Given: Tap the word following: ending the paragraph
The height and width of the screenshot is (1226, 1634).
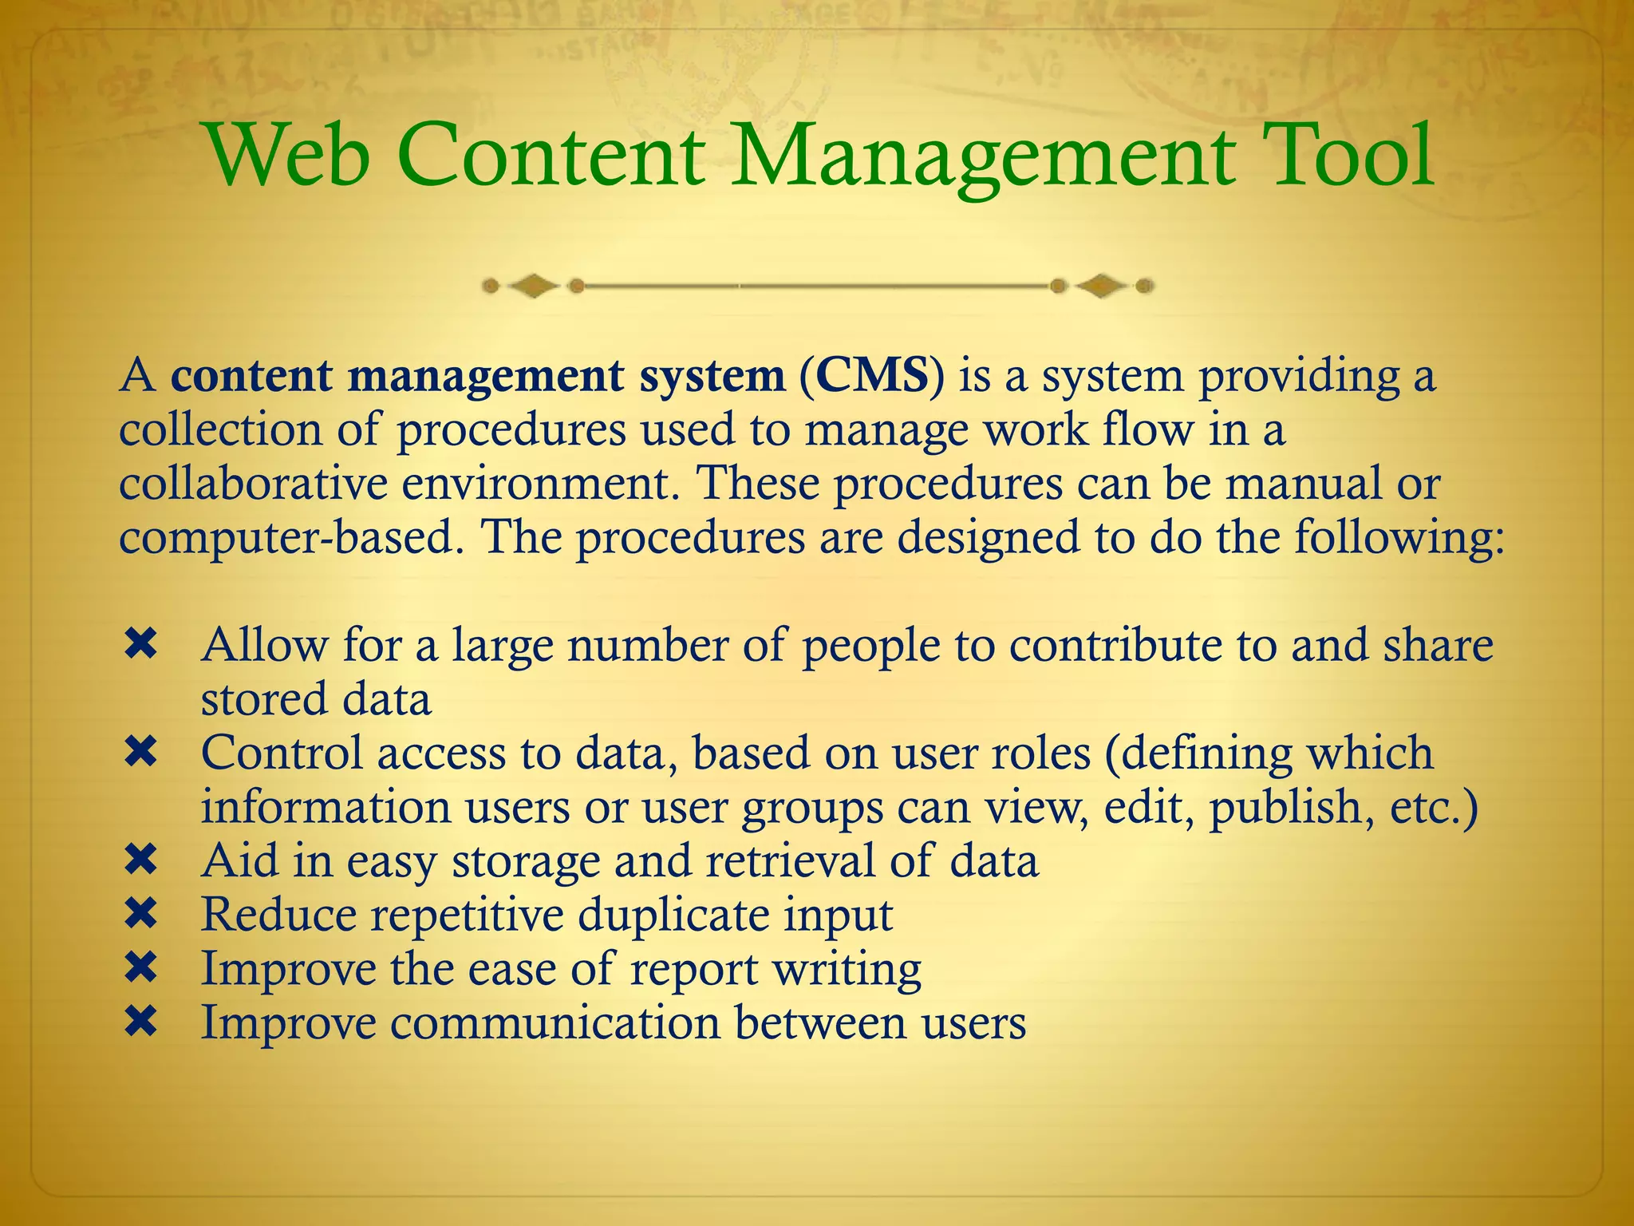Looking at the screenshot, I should (x=1399, y=538).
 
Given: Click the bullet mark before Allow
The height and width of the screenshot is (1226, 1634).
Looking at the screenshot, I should (x=140, y=644).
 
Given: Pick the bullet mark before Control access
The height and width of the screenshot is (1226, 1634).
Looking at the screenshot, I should (x=140, y=752).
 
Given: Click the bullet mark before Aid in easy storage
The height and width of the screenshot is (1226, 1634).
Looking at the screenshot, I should (x=140, y=860).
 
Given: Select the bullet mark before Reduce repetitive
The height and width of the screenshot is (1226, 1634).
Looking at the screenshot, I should (x=140, y=914).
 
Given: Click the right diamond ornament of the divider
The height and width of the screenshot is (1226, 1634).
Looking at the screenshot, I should (x=1102, y=285).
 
